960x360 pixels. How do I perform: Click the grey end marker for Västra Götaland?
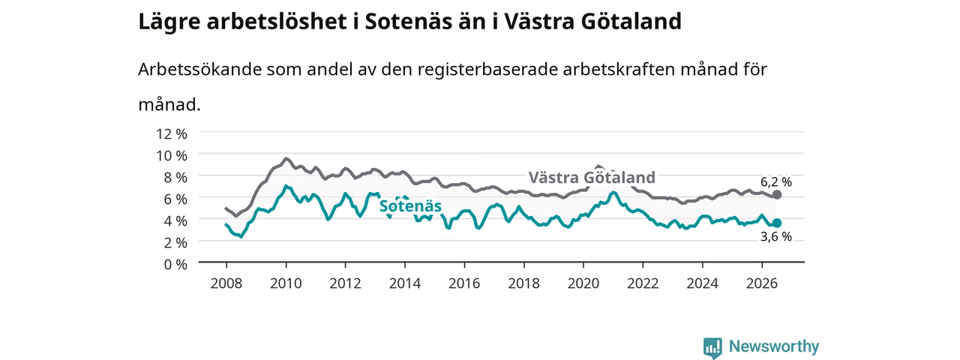(x=776, y=194)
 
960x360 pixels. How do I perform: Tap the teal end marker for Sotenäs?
(x=776, y=223)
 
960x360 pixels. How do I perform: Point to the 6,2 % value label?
(x=776, y=182)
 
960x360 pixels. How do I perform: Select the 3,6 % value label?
(x=776, y=236)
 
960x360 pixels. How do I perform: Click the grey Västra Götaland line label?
(x=592, y=178)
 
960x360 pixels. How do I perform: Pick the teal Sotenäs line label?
(x=410, y=206)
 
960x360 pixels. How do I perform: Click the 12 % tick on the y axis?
(x=172, y=134)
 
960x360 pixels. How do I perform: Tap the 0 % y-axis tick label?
(x=175, y=265)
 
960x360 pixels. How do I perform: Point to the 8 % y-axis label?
(x=175, y=178)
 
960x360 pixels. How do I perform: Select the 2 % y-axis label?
(x=175, y=242)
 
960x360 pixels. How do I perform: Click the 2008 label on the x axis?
(x=226, y=283)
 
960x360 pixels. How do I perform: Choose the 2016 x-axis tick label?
(x=464, y=283)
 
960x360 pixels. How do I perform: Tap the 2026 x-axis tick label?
(x=761, y=283)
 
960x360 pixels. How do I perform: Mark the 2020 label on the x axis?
(x=583, y=283)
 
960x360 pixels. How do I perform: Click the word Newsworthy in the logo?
(x=774, y=346)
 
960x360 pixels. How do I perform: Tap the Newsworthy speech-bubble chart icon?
(x=712, y=347)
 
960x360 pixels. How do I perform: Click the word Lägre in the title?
(x=169, y=22)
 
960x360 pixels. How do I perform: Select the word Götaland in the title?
(x=631, y=21)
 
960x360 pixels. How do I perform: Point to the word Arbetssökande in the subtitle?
(x=199, y=70)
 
